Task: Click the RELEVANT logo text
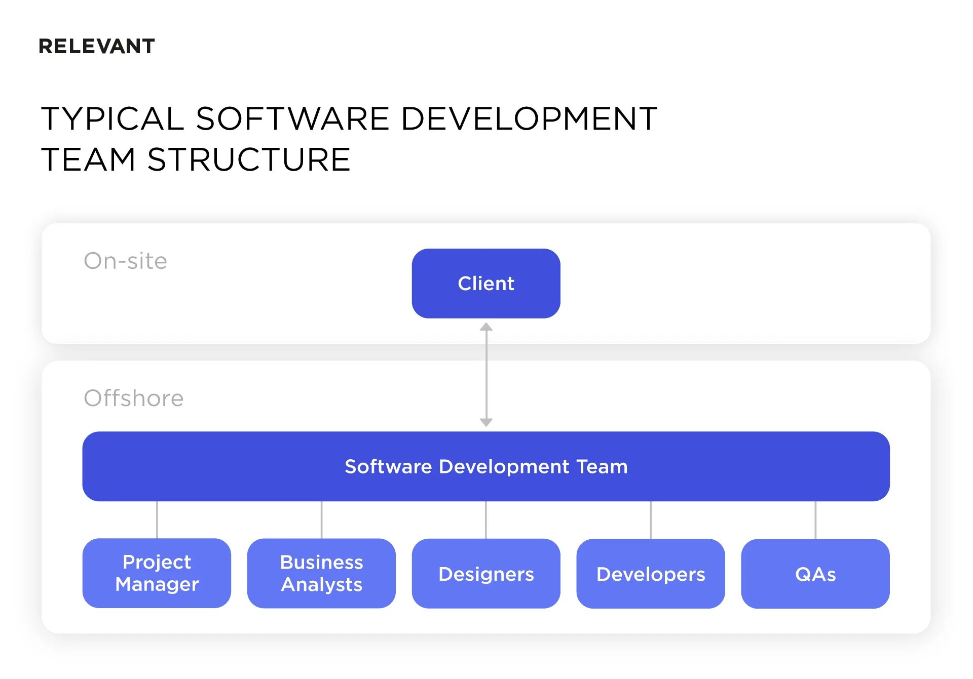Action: (97, 47)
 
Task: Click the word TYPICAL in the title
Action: (112, 119)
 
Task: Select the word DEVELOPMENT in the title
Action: (529, 119)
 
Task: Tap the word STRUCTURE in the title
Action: (249, 160)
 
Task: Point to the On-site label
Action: (125, 261)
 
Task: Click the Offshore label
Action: (133, 398)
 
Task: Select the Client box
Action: (486, 284)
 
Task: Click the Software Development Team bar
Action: (486, 466)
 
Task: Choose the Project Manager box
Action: (157, 573)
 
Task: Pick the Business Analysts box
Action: (321, 573)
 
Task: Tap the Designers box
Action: (486, 574)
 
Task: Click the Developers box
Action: (651, 574)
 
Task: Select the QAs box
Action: (815, 574)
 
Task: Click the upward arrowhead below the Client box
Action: (486, 327)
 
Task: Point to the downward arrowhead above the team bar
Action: (486, 422)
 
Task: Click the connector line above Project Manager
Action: (157, 520)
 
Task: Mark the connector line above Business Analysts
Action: (321, 520)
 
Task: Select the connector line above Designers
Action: (486, 520)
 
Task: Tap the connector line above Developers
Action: (651, 520)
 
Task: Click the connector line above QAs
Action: (815, 520)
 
